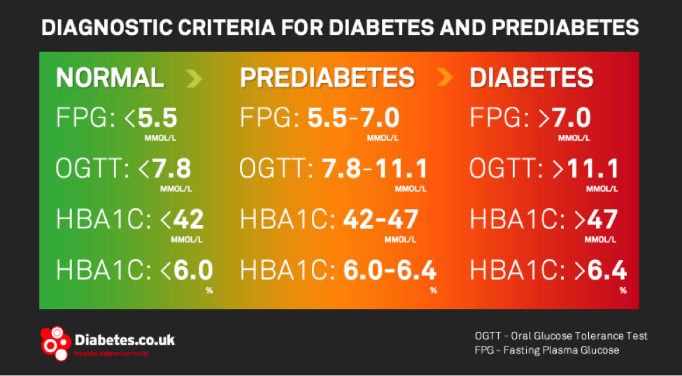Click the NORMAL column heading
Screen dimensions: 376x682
tap(110, 77)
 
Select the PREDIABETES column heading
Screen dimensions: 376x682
tap(327, 77)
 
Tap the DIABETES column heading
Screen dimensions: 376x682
tap(532, 77)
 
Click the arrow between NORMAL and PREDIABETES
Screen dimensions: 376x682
tap(194, 78)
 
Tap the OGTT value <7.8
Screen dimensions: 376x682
tap(164, 168)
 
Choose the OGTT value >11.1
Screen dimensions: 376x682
tap(587, 168)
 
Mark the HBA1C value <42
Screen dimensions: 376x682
tap(182, 219)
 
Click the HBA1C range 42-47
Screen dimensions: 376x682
tap(381, 219)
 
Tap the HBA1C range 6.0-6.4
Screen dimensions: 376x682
tap(390, 270)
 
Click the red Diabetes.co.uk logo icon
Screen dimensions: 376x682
tap(55, 342)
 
